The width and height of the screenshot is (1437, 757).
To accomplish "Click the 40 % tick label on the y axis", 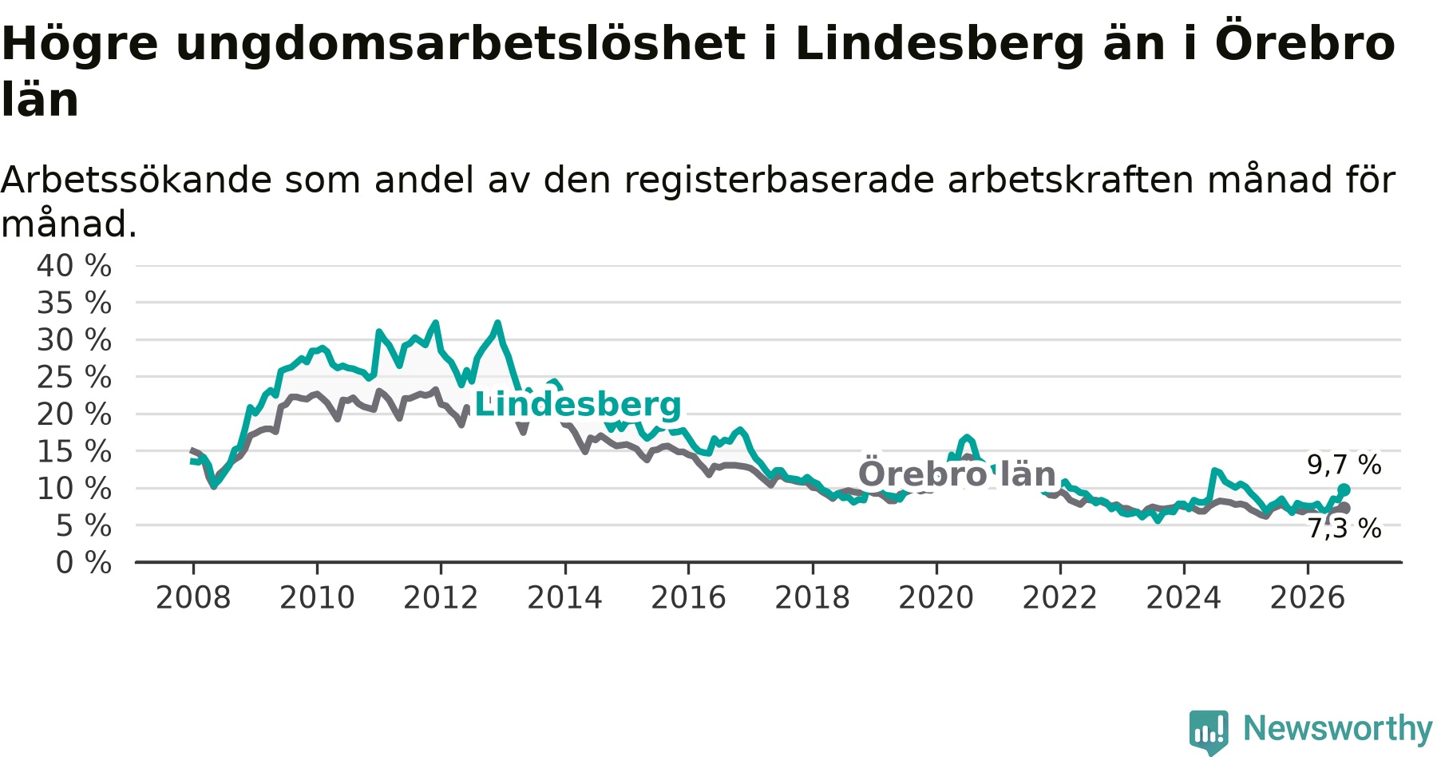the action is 74,266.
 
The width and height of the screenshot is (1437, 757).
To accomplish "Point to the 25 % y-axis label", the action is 74,377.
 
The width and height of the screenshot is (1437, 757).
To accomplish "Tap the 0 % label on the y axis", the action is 84,563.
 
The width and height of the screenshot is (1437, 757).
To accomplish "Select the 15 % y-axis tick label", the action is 74,451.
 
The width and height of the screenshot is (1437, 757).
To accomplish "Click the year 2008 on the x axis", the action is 193,597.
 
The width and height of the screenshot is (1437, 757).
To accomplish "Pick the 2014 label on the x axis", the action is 564,597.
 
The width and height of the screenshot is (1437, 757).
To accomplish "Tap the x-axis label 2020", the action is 936,597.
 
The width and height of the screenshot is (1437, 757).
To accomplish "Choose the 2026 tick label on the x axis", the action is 1308,597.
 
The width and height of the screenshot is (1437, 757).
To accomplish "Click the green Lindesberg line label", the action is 578,404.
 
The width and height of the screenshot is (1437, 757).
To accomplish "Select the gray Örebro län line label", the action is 957,473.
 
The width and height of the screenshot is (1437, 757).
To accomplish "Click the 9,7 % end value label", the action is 1344,465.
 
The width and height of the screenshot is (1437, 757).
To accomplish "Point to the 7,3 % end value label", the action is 1344,528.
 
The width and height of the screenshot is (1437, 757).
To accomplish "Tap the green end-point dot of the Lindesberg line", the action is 1344,489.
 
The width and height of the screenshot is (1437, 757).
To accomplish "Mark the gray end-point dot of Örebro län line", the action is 1344,508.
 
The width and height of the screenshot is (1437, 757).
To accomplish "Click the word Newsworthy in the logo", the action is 1338,728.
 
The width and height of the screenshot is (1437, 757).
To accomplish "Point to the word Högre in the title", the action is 80,45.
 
